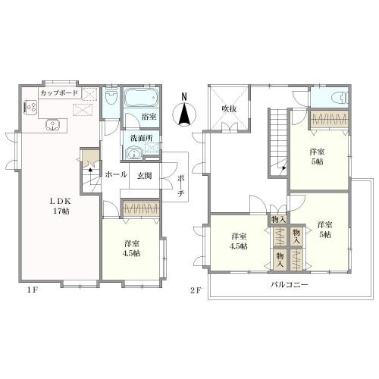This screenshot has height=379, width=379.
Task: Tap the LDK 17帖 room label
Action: pos(60,206)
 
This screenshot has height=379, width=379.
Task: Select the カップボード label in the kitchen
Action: pos(59,93)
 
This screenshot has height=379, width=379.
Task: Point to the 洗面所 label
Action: pos(142,138)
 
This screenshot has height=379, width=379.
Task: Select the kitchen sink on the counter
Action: pos(53,125)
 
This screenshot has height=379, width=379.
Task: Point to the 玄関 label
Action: pos(144,176)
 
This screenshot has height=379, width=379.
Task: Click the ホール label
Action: pos(116,174)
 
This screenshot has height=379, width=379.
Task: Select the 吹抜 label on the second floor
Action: pos(229,109)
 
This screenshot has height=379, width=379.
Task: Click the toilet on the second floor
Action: pos(341,98)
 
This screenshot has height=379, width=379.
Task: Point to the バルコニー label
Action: pos(290,285)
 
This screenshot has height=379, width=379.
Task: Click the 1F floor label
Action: pos(33,290)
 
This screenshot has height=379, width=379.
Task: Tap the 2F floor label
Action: pos(196,290)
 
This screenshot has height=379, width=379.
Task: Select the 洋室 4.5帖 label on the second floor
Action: pos(239,241)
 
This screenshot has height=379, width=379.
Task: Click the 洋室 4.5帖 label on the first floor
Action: pos(131,249)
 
